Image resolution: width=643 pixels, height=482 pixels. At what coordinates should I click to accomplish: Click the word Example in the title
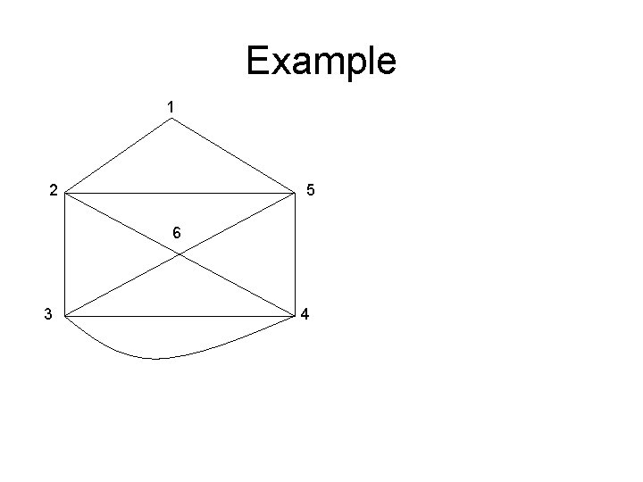pos(321,62)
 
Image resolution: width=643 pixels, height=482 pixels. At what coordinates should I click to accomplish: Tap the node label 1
pos(171,107)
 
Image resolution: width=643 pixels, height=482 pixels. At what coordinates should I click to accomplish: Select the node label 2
pos(54,189)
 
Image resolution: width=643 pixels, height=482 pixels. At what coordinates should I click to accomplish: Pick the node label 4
pos(305,314)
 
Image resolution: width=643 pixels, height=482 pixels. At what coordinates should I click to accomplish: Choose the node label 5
pos(309,189)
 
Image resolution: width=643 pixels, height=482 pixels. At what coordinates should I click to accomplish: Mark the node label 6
pos(177,233)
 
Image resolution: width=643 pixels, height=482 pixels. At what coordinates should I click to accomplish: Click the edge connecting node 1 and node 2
pos(117,155)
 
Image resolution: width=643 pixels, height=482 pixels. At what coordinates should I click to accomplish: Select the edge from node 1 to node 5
pos(233,155)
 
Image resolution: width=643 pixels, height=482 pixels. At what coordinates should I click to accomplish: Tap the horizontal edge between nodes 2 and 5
pos(179,193)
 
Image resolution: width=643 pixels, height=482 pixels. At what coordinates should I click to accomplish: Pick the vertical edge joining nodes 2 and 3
pos(64,254)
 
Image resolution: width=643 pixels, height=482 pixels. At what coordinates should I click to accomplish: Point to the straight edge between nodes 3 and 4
pos(179,316)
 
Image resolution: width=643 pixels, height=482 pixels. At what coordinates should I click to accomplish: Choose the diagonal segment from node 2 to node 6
pos(121,223)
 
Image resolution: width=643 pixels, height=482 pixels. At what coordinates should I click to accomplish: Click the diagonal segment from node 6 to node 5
pos(238,223)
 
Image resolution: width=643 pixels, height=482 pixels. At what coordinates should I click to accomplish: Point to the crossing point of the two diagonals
pos(180,254)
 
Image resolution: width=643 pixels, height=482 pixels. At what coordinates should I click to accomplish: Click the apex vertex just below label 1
pos(171,118)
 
